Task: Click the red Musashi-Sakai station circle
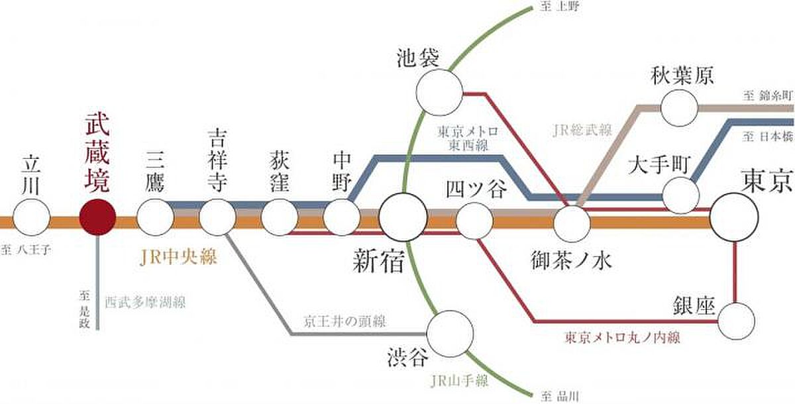(x=97, y=217)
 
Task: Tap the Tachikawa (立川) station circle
(x=31, y=217)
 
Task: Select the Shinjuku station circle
(x=403, y=217)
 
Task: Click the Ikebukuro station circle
(x=439, y=92)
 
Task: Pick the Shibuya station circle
(x=450, y=334)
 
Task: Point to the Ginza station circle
(x=737, y=321)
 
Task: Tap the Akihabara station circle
(x=679, y=108)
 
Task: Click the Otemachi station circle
(x=681, y=195)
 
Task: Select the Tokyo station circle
(x=734, y=217)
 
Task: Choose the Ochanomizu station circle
(x=572, y=224)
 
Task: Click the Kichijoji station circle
(x=217, y=217)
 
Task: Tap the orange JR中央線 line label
(x=178, y=257)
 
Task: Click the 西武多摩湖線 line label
(x=145, y=302)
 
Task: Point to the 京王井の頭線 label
(x=344, y=321)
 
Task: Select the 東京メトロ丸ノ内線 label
(x=623, y=337)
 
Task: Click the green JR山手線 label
(x=459, y=381)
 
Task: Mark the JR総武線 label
(x=582, y=130)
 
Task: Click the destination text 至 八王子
(x=26, y=250)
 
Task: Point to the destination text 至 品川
(x=560, y=396)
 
